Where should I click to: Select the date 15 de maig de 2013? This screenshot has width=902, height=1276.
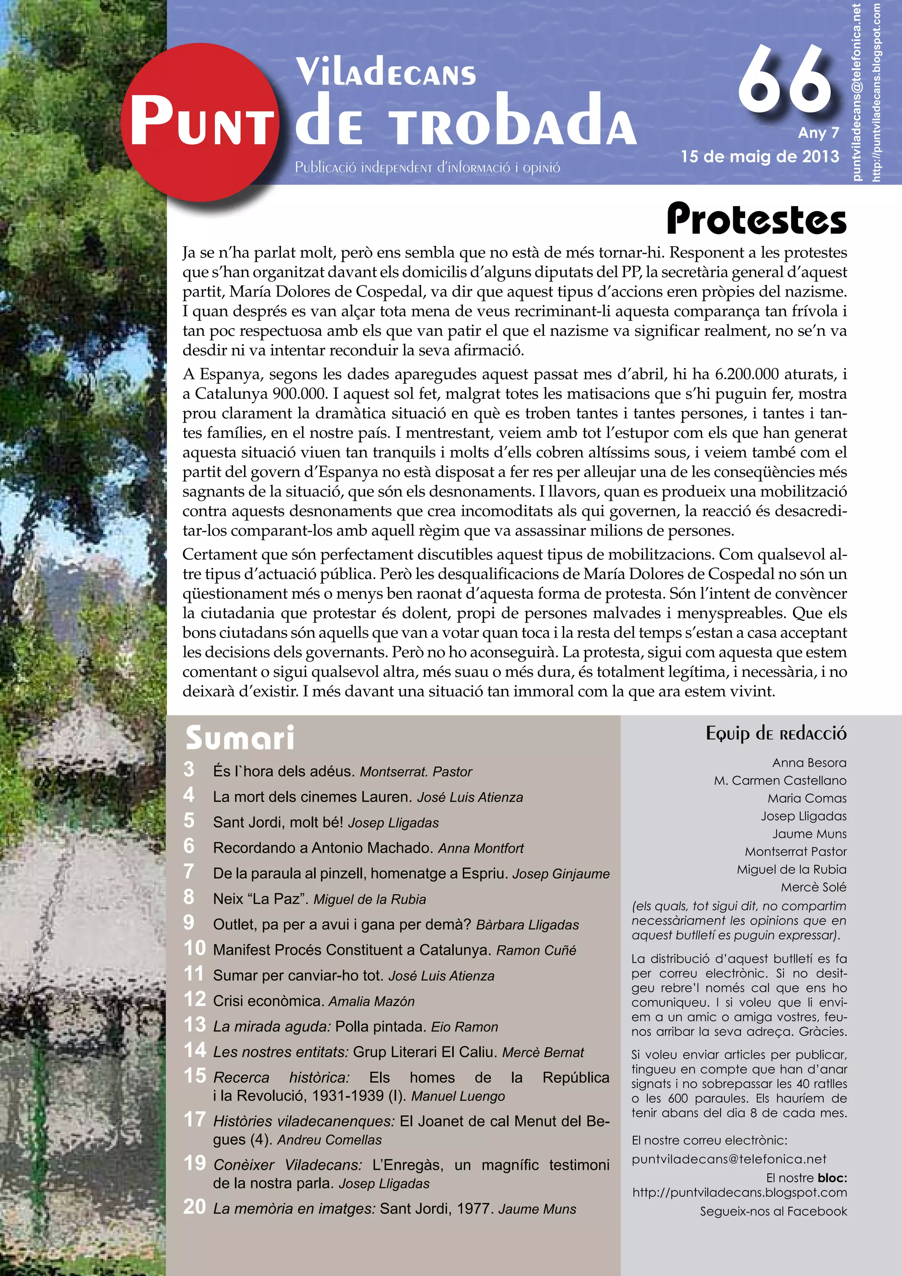(759, 157)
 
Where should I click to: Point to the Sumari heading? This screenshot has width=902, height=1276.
(240, 738)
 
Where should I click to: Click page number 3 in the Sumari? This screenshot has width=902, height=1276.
(189, 770)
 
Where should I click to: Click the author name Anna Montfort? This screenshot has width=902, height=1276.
(481, 849)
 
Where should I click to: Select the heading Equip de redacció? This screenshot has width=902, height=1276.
(776, 734)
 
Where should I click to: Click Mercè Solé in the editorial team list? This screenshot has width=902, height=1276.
(813, 887)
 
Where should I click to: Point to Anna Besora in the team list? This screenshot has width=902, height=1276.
(809, 763)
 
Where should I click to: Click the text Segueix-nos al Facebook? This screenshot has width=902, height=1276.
(773, 1212)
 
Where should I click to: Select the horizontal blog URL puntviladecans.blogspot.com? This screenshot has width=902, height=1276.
(739, 1193)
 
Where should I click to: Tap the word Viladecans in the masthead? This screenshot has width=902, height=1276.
(386, 73)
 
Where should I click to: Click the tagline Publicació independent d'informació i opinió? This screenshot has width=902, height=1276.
(427, 167)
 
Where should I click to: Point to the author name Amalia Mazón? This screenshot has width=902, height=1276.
(372, 1002)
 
